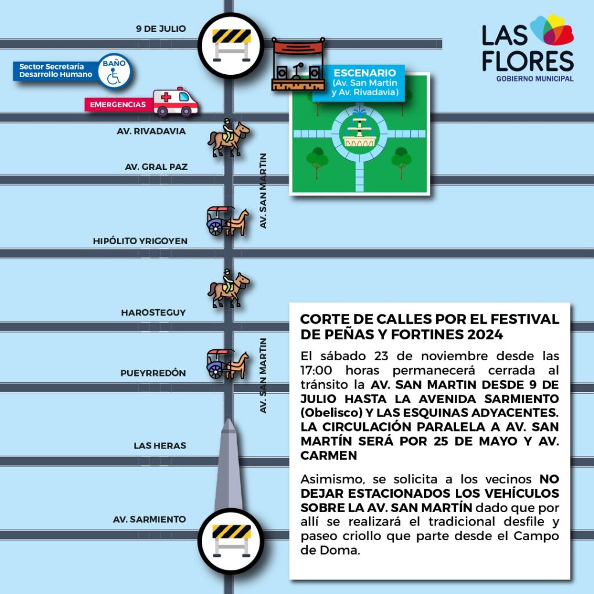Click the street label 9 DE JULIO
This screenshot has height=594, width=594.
click(161, 28)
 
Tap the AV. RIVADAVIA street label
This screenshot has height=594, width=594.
click(151, 131)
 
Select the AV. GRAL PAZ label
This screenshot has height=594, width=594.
click(156, 167)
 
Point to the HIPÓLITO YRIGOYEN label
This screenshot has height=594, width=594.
click(140, 241)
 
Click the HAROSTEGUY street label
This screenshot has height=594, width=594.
click(153, 313)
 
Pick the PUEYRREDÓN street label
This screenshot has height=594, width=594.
click(153, 373)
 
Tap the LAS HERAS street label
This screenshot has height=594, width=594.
click(160, 445)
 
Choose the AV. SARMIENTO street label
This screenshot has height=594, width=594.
click(149, 519)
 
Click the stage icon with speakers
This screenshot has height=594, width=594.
click(298, 64)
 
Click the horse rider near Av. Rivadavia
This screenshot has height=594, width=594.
click(228, 138)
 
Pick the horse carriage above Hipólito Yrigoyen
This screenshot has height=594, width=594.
click(227, 221)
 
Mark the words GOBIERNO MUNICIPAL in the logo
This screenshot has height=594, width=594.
click(534, 78)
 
